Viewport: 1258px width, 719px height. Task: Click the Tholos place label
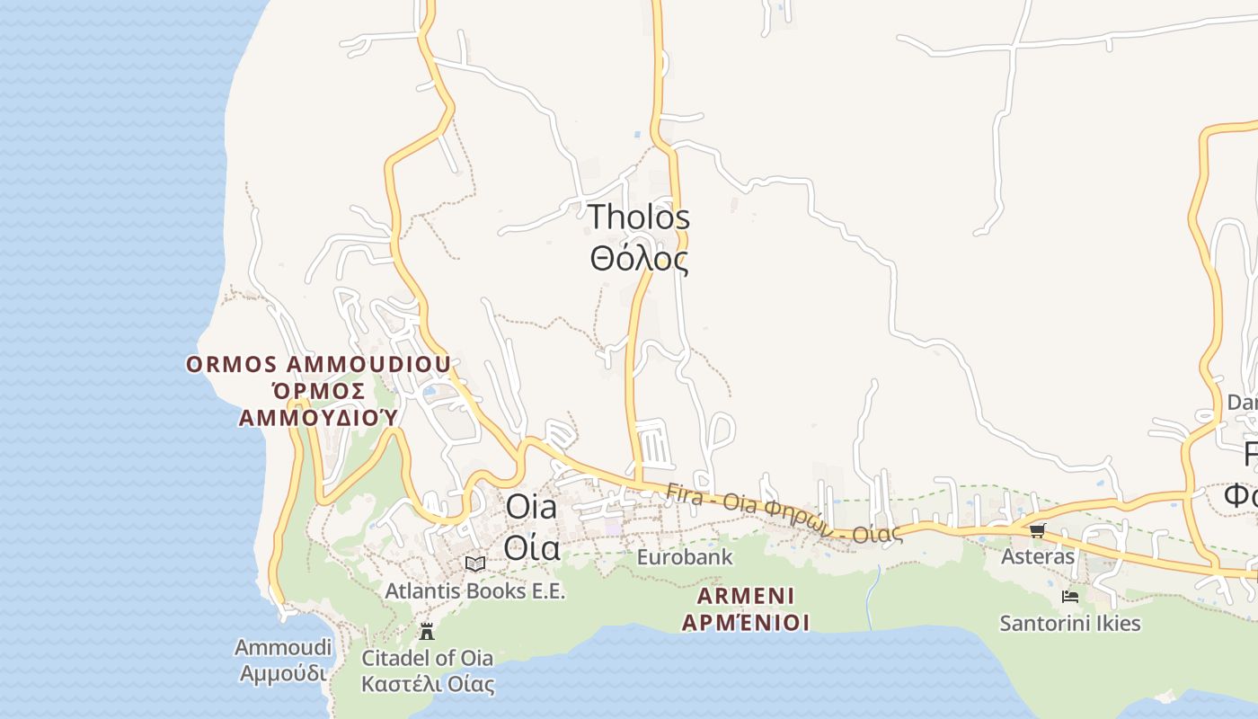(x=639, y=217)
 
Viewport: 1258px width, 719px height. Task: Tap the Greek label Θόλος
(x=639, y=259)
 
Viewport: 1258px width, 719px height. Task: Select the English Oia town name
(x=531, y=506)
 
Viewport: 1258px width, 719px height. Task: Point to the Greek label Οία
(x=531, y=546)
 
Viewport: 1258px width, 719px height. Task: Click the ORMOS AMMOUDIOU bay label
(x=318, y=365)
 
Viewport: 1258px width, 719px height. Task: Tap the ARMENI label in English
(x=746, y=596)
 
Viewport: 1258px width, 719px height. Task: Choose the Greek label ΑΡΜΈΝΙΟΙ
(x=746, y=622)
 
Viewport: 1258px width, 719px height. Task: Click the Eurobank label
(x=685, y=557)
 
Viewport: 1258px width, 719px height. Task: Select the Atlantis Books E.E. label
(x=475, y=590)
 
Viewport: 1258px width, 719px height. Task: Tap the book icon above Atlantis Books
(x=475, y=564)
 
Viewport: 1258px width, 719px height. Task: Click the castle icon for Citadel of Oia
(x=427, y=631)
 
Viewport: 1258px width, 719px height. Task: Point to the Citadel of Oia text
(x=427, y=658)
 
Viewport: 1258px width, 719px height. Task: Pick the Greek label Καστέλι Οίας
(x=428, y=684)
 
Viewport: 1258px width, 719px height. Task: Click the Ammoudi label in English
(x=283, y=647)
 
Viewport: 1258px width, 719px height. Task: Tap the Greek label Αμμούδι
(x=283, y=672)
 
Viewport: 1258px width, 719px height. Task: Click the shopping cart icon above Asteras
(x=1038, y=530)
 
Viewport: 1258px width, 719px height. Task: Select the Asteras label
(x=1038, y=556)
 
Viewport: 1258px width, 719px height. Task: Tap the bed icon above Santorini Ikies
(x=1070, y=596)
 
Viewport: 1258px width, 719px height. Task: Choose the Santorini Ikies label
(x=1070, y=623)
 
